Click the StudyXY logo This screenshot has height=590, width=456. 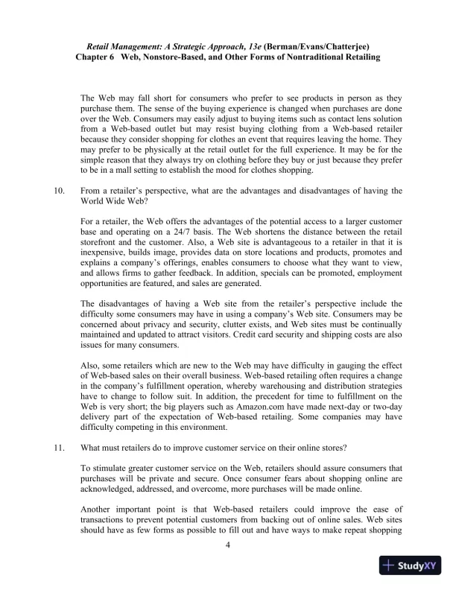(408, 565)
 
